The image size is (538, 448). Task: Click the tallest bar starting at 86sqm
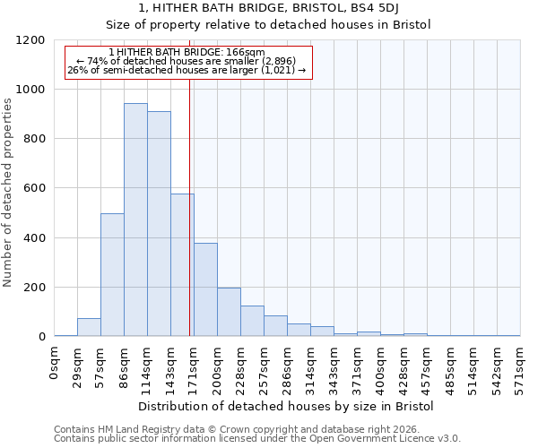[135, 220]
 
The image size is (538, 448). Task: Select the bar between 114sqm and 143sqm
[159, 224]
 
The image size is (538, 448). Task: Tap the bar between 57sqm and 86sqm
[112, 275]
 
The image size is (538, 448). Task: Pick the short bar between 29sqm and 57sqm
[89, 327]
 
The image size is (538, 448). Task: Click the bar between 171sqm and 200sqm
[205, 289]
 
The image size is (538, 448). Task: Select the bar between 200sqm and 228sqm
[229, 312]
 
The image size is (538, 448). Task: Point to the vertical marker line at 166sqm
[190, 206]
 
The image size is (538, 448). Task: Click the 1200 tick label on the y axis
[31, 40]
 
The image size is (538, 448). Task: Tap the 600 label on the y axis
[35, 188]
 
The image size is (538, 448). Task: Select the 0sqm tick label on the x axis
[55, 362]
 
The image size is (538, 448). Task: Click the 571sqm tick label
[520, 366]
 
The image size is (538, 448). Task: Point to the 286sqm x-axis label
[287, 366]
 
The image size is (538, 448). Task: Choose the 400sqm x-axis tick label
[380, 366]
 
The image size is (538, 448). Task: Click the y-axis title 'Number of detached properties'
[8, 188]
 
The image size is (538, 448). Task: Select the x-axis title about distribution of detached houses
[287, 406]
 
